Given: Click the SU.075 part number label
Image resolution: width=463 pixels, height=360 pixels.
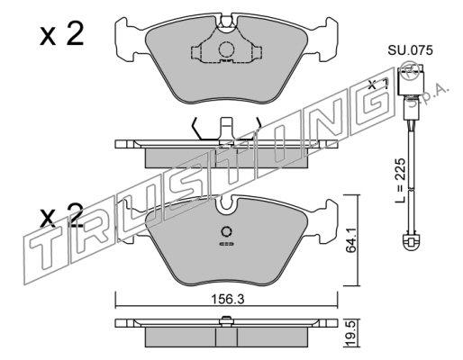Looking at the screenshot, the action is [x=410, y=50].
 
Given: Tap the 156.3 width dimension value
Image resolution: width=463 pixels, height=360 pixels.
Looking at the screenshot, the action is [x=228, y=299].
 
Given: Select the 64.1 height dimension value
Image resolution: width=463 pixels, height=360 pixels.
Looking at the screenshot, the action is [x=351, y=240].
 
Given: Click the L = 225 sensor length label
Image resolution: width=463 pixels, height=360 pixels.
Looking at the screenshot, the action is [x=401, y=181].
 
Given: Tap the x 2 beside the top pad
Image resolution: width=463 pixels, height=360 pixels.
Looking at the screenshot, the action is [x=61, y=34].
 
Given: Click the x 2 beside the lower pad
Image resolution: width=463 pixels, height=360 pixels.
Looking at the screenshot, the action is [x=61, y=215].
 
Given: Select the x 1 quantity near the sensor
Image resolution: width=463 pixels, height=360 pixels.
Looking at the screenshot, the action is [x=378, y=84].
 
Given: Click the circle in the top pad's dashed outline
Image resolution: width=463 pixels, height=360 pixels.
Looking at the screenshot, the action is [x=226, y=49].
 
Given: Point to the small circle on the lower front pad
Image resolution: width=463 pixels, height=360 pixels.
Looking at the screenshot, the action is [x=226, y=231].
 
